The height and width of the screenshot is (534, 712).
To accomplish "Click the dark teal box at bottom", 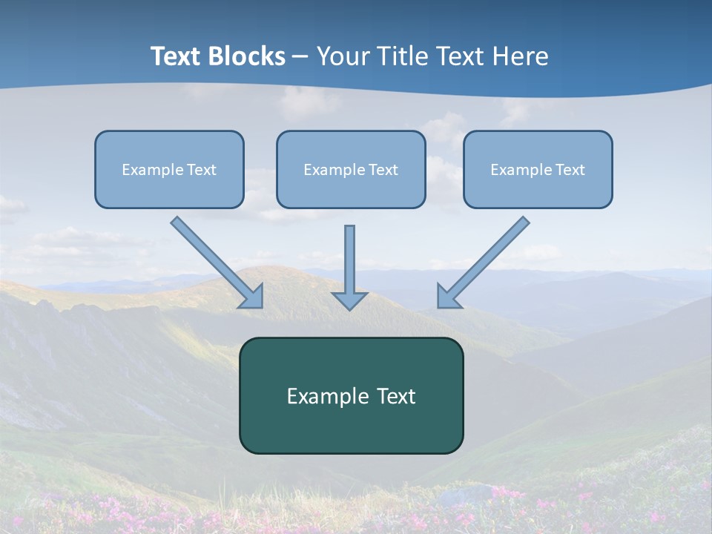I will pyautogui.click(x=351, y=430).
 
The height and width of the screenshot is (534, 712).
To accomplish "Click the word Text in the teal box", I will pyautogui.click(x=395, y=396).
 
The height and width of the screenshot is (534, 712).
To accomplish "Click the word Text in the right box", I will pyautogui.click(x=570, y=170).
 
